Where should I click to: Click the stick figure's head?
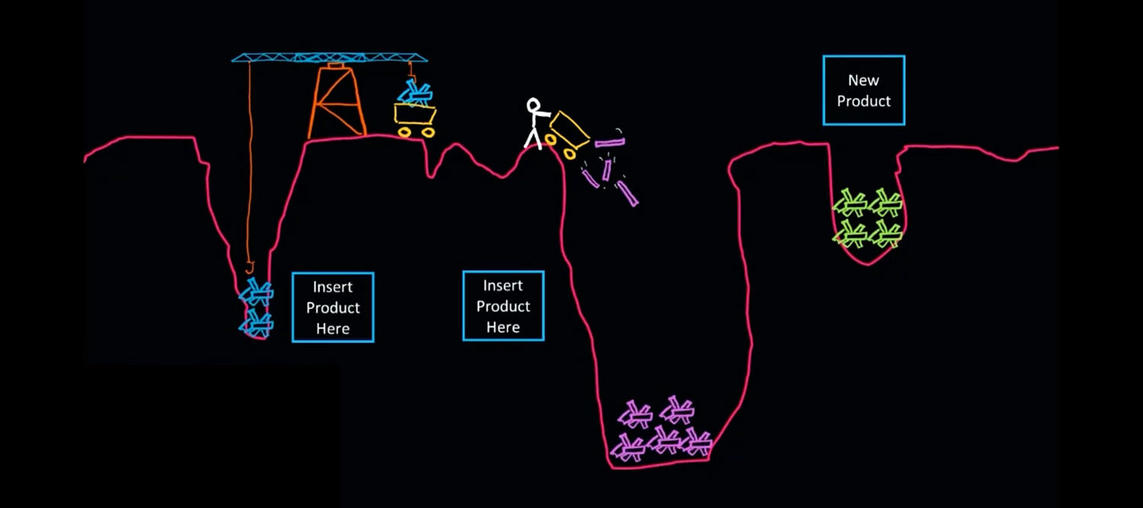(x=534, y=105)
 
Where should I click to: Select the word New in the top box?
(x=863, y=80)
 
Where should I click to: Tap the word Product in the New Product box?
(x=863, y=101)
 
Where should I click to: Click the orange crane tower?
(x=336, y=102)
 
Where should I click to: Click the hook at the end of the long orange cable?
(x=249, y=267)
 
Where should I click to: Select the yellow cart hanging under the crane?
(x=415, y=115)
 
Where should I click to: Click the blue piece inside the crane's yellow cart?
(x=416, y=94)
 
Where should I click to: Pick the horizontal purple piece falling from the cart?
(x=610, y=142)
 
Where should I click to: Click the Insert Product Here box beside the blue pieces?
(x=333, y=307)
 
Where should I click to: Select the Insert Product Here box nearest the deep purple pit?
(x=503, y=305)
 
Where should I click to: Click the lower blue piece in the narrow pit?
(x=256, y=322)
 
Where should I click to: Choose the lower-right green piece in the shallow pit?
(x=885, y=234)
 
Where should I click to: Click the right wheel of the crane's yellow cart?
(x=427, y=133)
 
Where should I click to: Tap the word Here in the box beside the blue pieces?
(x=333, y=329)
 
